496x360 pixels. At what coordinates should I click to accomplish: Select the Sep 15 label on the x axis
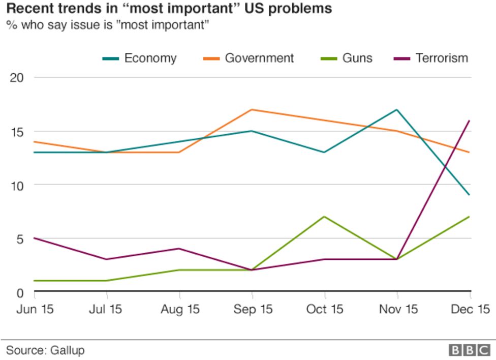pos(253,309)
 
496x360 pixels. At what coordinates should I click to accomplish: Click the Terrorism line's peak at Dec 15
pos(470,121)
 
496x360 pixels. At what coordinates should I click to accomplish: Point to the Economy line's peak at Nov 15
pos(397,109)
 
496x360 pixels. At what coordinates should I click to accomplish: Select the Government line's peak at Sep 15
pos(252,109)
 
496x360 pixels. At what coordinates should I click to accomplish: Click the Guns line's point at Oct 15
pos(324,217)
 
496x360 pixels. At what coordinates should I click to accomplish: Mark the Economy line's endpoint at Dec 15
pos(470,195)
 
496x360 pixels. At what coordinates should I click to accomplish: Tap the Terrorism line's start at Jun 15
pos(35,238)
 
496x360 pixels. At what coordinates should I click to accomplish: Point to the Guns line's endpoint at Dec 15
pos(470,217)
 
